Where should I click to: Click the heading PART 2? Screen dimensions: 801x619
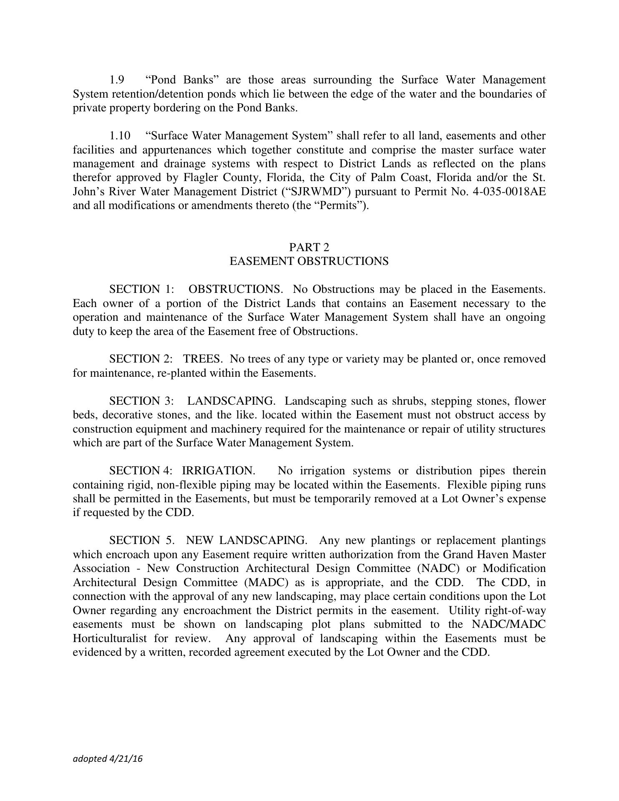pos(309,247)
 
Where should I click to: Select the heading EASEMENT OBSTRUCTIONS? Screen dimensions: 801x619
pos(309,262)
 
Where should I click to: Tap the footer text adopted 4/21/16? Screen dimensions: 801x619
pos(108,759)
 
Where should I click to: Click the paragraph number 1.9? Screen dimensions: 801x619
pos(117,80)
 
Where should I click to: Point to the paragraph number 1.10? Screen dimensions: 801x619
pos(120,136)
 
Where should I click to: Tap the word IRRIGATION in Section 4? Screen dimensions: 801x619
pos(219,471)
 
